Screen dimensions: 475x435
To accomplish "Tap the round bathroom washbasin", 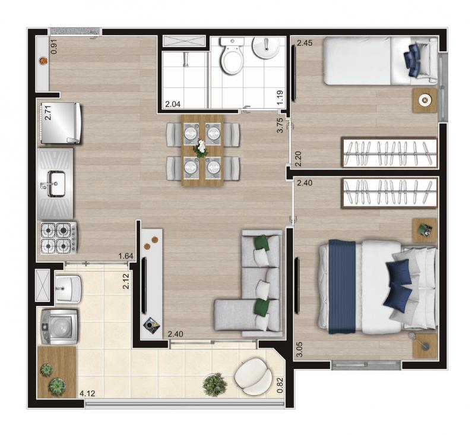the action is coord(266,48).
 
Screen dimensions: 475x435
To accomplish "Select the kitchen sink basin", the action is coord(56,184).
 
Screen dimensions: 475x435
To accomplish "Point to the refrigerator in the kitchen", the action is coord(61,123).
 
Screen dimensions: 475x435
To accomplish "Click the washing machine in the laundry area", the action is coord(59,327).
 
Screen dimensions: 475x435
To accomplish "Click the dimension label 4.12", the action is coord(87,393).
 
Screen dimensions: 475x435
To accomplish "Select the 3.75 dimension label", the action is coord(280,125).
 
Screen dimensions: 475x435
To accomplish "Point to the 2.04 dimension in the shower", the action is coord(173,104).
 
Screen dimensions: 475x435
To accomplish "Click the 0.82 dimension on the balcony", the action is coord(280,385).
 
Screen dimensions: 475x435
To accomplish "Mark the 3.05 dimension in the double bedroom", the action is coord(299,349).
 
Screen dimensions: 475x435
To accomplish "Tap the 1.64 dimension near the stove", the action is coord(126,256).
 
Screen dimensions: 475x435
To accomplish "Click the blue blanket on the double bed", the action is coord(342,286).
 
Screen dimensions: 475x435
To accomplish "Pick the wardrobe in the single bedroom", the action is coord(389,153).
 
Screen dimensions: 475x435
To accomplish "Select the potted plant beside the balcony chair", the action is coord(215,384).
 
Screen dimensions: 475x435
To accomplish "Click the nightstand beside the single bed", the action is coord(425,101).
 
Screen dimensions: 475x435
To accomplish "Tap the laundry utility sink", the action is coord(68,289).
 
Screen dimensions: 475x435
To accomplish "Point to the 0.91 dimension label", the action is coord(54,47).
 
